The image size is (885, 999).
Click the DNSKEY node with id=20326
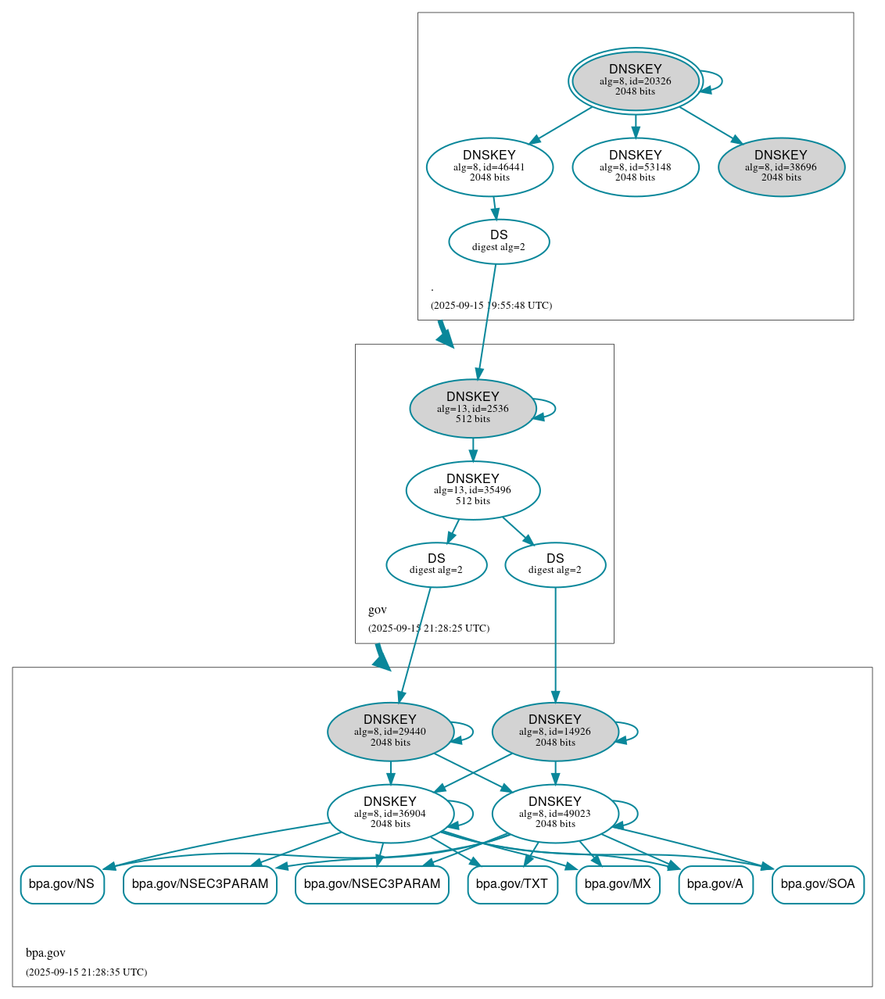pos(635,81)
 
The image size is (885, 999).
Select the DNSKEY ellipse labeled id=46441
pos(489,166)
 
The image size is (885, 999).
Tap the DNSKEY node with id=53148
pos(635,166)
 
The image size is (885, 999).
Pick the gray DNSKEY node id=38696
pos(781,166)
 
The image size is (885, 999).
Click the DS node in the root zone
pos(499,242)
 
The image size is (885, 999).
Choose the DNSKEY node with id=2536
pos(472,408)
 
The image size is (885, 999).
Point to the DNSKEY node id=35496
pos(472,490)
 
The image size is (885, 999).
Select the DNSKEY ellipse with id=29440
pos(390,732)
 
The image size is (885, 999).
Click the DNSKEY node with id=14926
pos(555,732)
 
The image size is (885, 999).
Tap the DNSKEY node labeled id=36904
pos(390,814)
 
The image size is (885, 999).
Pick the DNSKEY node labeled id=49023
pos(555,814)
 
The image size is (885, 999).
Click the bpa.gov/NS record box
pos(62,885)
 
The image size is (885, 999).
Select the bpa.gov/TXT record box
pos(512,885)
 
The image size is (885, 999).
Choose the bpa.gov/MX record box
pos(618,885)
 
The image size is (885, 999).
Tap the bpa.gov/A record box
pos(715,885)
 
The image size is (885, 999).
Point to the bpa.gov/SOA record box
pos(818,885)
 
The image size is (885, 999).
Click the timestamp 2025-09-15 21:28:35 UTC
pos(86,972)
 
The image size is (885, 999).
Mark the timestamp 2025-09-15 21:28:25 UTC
pos(428,628)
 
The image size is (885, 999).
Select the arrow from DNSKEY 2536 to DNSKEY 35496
pos(472,449)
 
